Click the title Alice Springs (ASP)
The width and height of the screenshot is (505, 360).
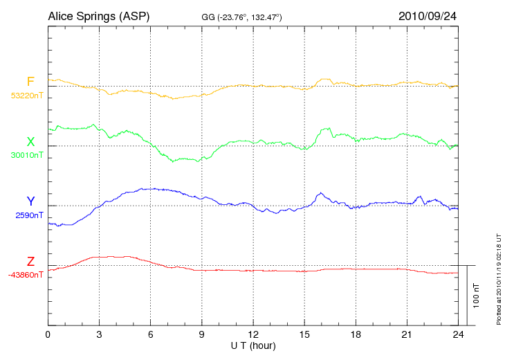coord(98,15)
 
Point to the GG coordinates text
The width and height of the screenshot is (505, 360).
coord(241,16)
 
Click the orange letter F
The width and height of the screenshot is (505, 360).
coord(30,82)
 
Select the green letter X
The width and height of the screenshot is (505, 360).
coord(30,142)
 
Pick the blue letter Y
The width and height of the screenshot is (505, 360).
coord(30,201)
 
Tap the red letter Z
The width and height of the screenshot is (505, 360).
coord(30,261)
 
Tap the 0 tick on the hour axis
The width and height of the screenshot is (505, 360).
coord(48,335)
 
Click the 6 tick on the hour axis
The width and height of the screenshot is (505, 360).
coord(150,335)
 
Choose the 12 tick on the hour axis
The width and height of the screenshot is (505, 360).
coord(252,335)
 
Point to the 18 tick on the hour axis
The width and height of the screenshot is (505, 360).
coord(355,335)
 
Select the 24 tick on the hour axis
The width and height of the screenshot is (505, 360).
coord(457,335)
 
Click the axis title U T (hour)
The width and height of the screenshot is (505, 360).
coord(253,345)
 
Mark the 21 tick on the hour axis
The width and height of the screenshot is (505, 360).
coord(406,335)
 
